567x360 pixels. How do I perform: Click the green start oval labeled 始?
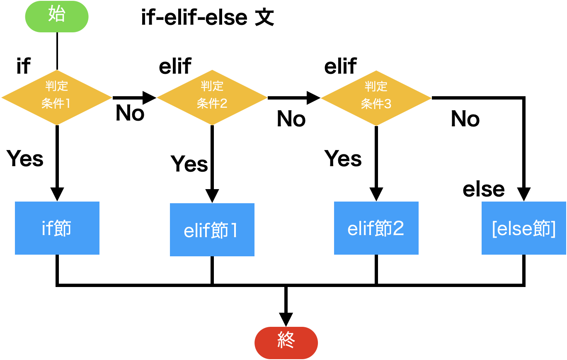(x=57, y=17)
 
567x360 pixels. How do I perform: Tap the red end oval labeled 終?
(x=286, y=343)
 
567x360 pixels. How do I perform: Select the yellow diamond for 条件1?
(x=57, y=97)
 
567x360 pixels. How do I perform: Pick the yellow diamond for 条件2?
(x=212, y=97)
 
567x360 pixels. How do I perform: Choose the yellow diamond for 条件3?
(x=376, y=98)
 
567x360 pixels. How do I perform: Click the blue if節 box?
(x=57, y=228)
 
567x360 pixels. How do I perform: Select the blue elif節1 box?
(x=212, y=230)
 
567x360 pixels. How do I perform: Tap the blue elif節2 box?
(x=376, y=228)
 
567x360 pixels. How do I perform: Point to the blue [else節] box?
(x=524, y=228)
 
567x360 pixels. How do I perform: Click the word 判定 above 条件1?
(x=57, y=86)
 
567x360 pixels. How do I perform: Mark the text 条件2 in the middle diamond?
(x=212, y=103)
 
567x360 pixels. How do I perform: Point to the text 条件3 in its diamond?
(x=376, y=104)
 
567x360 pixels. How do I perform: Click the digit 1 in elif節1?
(x=234, y=231)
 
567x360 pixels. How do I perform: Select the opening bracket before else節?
(x=494, y=229)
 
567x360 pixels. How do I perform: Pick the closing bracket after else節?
(x=553, y=229)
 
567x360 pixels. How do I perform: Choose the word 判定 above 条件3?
(x=376, y=87)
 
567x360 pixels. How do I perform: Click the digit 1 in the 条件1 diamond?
(x=68, y=103)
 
